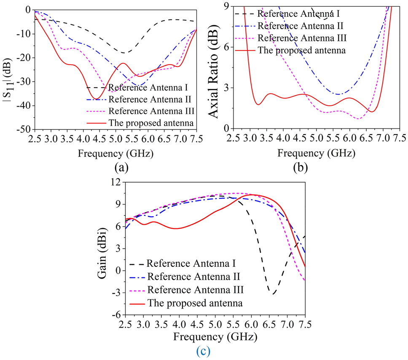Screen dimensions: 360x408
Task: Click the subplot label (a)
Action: pyautogui.click(x=121, y=167)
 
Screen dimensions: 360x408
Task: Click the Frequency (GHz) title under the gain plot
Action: pyautogui.click(x=215, y=337)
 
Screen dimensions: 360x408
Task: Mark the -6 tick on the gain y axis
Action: pyautogui.click(x=115, y=315)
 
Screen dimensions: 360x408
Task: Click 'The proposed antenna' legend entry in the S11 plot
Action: pyautogui.click(x=151, y=123)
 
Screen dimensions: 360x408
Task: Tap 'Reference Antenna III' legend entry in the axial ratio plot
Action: pyautogui.click(x=302, y=38)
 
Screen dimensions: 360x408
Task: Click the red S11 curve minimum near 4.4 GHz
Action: pyautogui.click(x=97, y=99)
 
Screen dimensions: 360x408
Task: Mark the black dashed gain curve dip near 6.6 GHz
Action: pyautogui.click(x=274, y=294)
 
